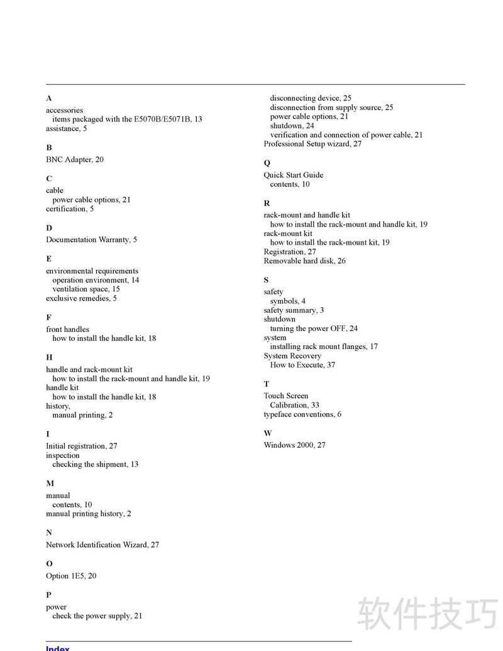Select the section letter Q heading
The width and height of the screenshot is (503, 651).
tap(267, 163)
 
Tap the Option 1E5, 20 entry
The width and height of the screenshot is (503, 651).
tap(71, 576)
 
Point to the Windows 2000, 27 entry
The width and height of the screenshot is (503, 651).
tap(294, 445)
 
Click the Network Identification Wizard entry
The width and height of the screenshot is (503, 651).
tap(102, 545)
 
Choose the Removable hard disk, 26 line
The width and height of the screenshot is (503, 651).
tap(304, 261)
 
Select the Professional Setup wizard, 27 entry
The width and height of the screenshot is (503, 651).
tap(312, 144)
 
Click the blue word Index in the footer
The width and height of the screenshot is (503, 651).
tap(58, 648)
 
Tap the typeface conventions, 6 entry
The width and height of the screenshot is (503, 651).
tap(302, 415)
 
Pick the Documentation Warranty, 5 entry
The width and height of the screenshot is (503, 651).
tap(91, 240)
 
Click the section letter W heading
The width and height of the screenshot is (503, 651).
tap(268, 433)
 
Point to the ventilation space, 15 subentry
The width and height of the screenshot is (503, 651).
tap(86, 289)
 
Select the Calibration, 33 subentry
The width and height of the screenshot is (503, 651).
tap(294, 405)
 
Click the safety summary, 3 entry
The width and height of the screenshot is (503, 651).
tap(294, 310)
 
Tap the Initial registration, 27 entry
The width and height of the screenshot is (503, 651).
tap(82, 446)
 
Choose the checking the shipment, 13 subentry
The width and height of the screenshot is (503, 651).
tap(96, 464)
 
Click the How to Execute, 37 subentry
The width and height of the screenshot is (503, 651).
tap(302, 365)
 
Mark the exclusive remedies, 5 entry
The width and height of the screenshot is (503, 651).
tap(81, 298)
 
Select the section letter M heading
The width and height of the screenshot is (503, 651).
tap(50, 484)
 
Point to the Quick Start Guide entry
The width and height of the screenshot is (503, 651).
tap(294, 175)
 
